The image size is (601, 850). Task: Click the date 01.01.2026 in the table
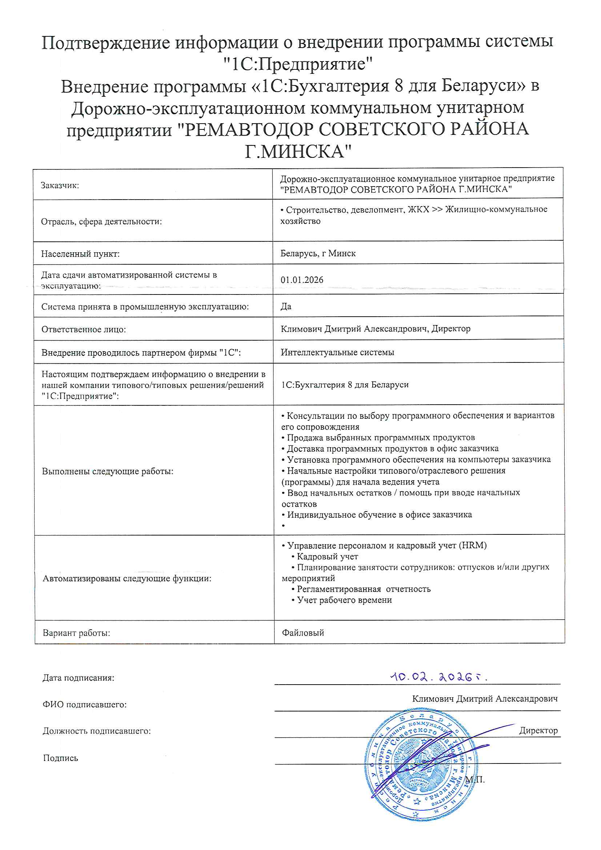[x=302, y=280]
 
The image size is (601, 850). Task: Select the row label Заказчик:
[x=60, y=185]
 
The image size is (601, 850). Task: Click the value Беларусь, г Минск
[x=318, y=254]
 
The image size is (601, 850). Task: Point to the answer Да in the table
[x=286, y=306]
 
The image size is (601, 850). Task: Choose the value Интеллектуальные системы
[x=337, y=352]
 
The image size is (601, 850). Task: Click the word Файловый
[x=303, y=633]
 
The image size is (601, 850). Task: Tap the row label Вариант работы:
[x=76, y=633]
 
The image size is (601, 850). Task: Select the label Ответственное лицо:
[x=84, y=329]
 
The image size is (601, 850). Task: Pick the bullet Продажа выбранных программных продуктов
[x=381, y=438]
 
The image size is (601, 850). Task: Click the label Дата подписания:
[x=79, y=678]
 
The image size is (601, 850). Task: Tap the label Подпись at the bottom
[x=61, y=758]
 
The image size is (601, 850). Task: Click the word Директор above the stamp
[x=538, y=730]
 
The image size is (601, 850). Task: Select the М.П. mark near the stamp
[x=475, y=779]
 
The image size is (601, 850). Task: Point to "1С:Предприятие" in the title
[x=298, y=64]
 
